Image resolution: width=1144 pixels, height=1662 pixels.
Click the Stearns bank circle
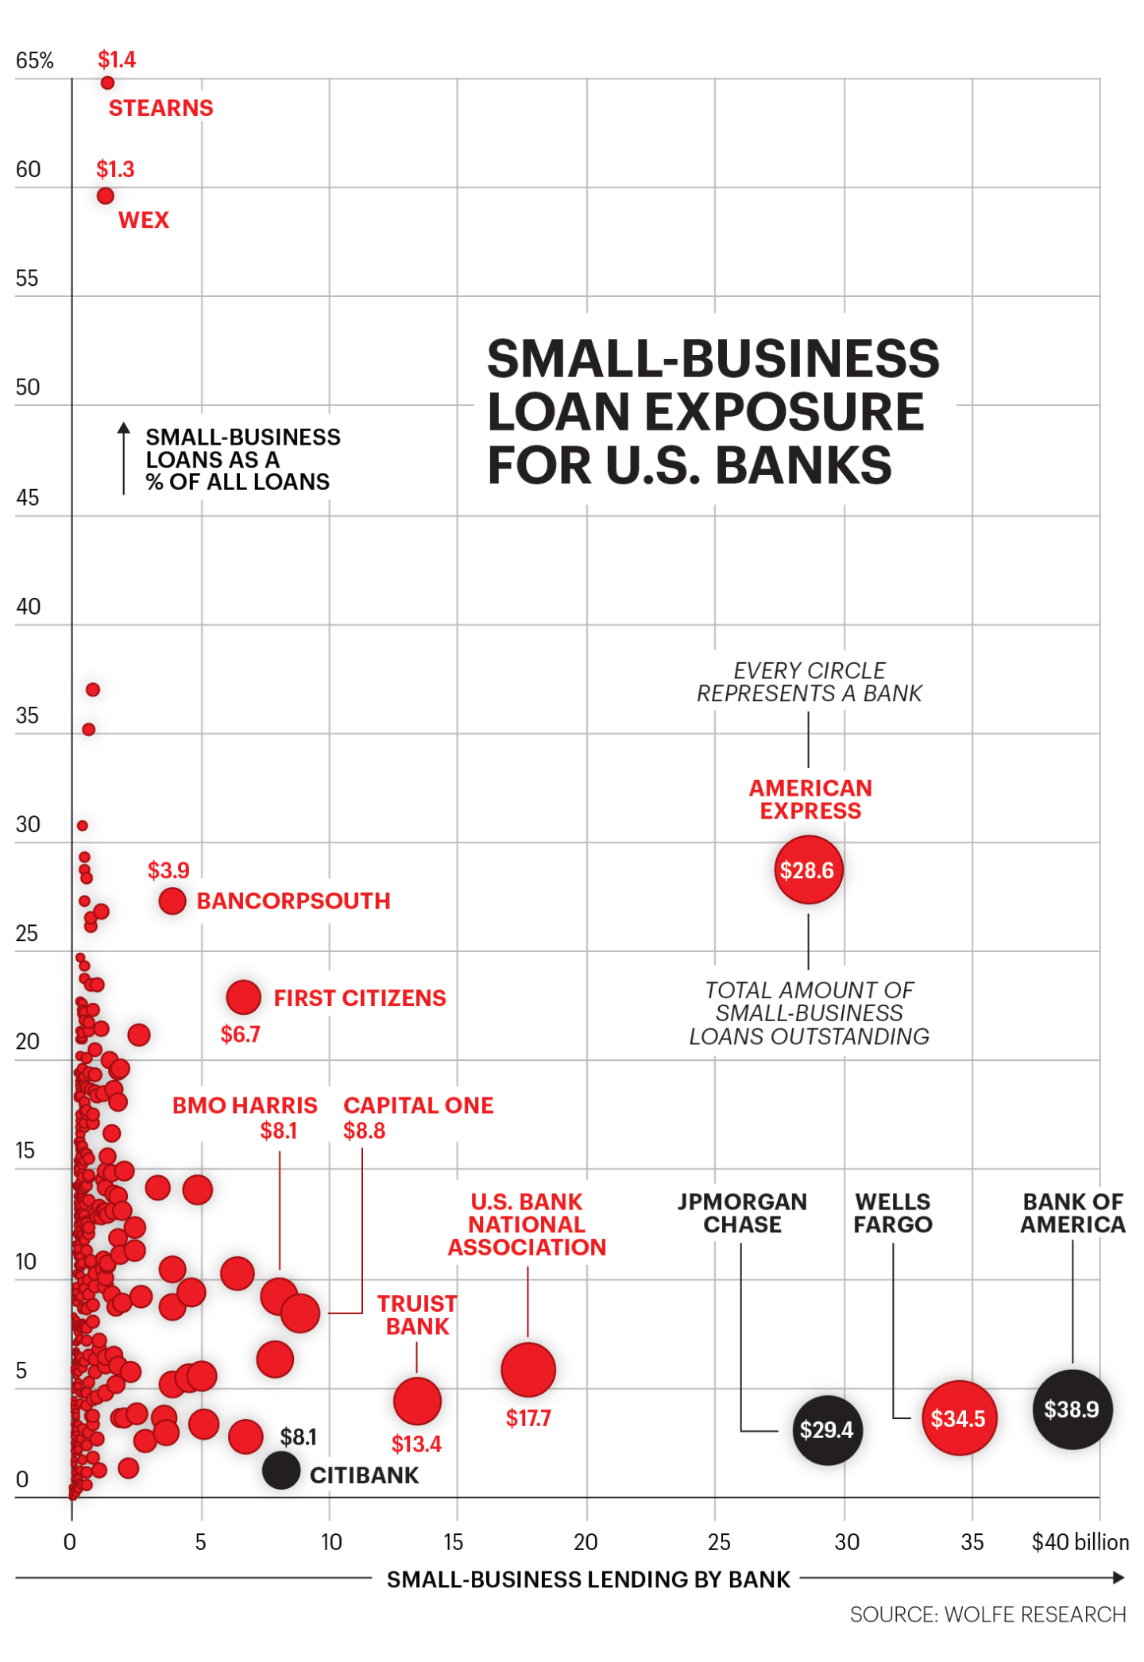[x=107, y=83]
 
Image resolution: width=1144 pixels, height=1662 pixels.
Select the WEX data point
[x=106, y=195]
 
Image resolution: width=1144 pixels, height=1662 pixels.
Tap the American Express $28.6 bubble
[x=808, y=870]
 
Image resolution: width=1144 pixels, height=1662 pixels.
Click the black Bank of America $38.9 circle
[x=1072, y=1409]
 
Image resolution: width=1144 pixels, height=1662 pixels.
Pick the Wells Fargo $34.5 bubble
[x=959, y=1418]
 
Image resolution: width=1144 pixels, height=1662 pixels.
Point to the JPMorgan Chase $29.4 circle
[x=827, y=1429]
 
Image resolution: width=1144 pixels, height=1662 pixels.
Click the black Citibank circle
[x=281, y=1470]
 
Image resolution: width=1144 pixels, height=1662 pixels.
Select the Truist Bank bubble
[x=417, y=1401]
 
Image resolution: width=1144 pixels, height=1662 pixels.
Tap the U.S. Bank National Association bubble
[x=528, y=1370]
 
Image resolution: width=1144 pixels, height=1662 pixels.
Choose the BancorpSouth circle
[x=172, y=900]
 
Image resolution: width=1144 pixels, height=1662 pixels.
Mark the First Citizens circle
[x=244, y=997]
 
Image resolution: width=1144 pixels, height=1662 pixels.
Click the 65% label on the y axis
[x=35, y=60]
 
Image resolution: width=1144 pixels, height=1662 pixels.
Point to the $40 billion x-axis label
[x=1080, y=1542]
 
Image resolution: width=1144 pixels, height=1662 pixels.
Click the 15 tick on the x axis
[x=454, y=1542]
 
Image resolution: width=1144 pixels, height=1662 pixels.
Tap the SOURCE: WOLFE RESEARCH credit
[x=987, y=1614]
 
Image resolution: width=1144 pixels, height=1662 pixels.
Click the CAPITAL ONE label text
[x=419, y=1105]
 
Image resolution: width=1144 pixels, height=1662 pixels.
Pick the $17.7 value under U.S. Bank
[x=528, y=1418]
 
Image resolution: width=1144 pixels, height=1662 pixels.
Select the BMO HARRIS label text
[x=245, y=1105]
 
